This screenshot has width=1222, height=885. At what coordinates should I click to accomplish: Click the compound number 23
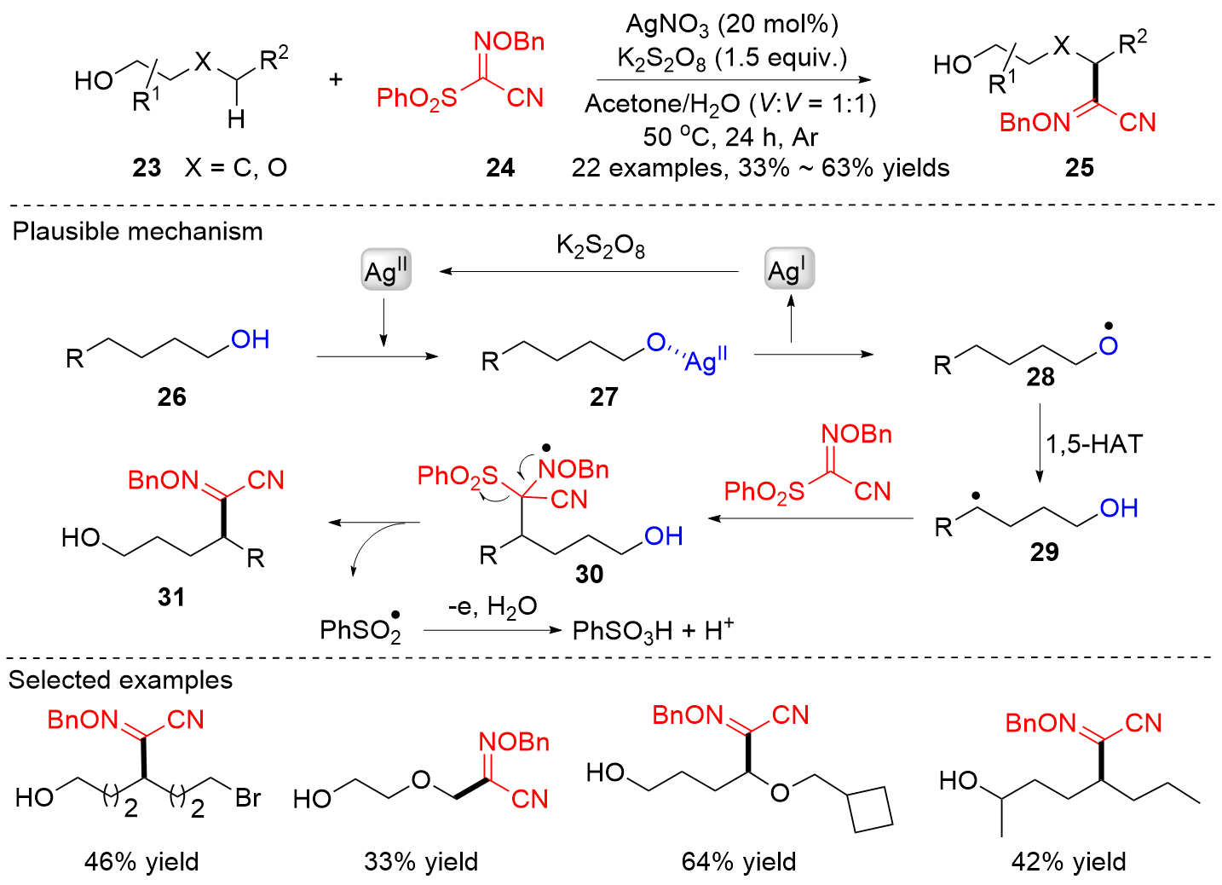click(147, 168)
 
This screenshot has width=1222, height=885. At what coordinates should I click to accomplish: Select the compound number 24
click(500, 168)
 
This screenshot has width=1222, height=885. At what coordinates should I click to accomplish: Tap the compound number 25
click(1079, 168)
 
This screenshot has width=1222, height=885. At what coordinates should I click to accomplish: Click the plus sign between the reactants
click(336, 80)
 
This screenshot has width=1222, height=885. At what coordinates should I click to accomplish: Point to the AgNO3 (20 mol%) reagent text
click(732, 25)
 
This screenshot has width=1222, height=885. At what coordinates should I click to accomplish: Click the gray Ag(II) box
click(386, 271)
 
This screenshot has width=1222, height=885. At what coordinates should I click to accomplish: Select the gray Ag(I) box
click(788, 270)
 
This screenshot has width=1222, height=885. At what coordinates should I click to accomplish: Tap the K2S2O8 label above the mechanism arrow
click(600, 246)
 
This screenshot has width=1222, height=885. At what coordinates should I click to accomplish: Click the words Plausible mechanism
click(137, 232)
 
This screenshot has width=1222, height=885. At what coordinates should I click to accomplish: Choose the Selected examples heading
click(120, 680)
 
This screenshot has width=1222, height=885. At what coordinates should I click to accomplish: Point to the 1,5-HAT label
click(1094, 444)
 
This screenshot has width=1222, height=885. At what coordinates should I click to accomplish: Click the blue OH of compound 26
click(251, 340)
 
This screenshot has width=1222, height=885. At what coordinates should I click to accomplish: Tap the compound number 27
click(603, 396)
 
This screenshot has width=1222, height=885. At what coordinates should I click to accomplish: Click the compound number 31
click(171, 597)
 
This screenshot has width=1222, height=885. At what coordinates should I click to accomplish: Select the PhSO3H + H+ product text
click(653, 631)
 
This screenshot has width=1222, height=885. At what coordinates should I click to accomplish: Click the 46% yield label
click(141, 862)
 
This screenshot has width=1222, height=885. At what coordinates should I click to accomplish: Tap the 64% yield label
click(739, 862)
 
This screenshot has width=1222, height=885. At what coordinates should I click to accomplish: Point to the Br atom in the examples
click(248, 798)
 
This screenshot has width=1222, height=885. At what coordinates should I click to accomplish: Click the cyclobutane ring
click(870, 807)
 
